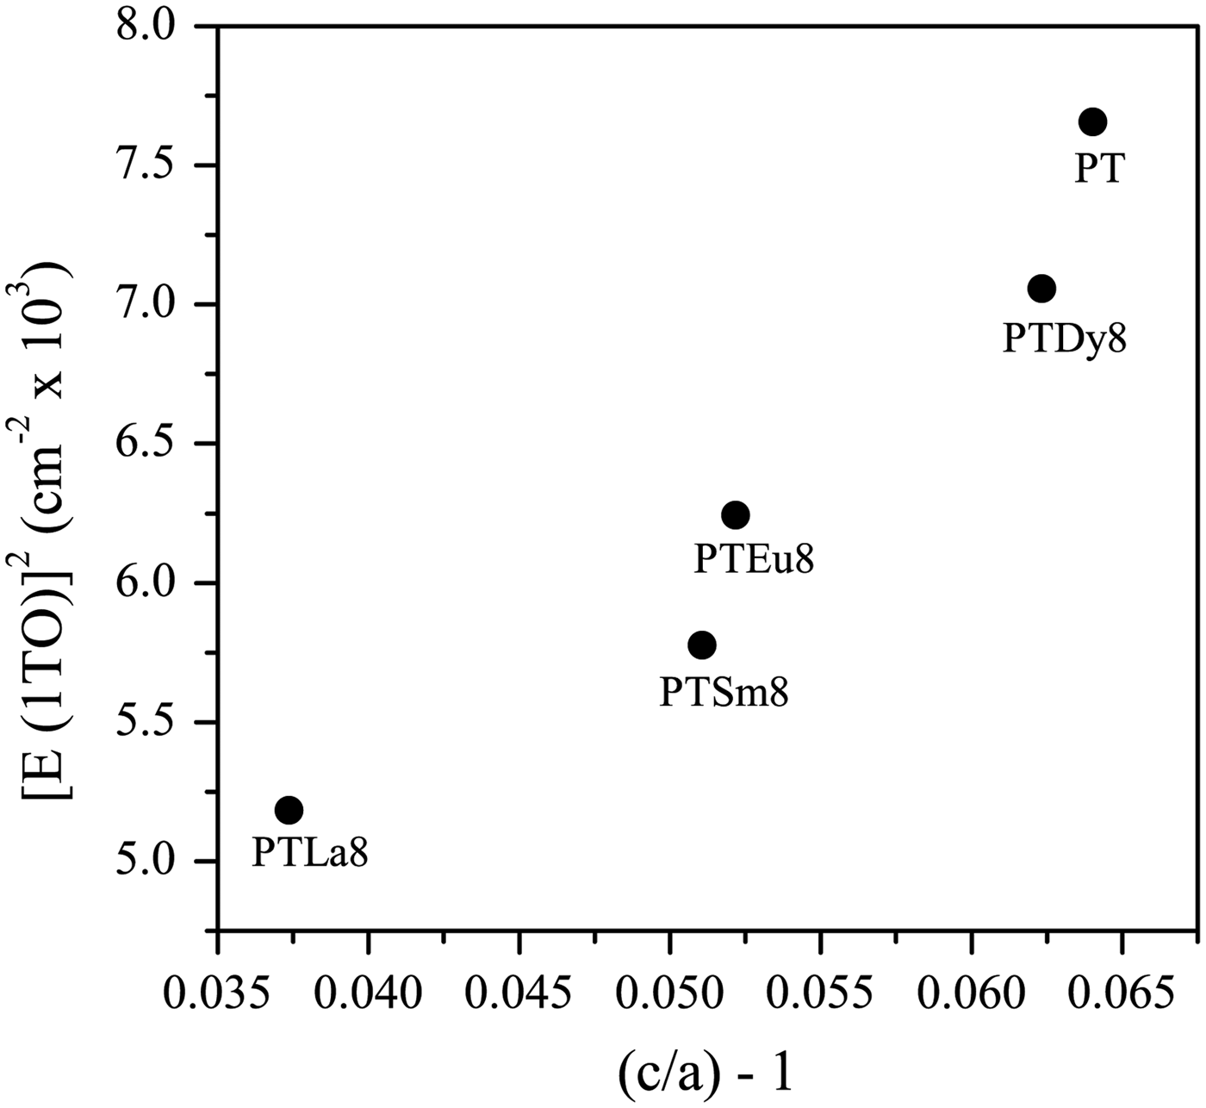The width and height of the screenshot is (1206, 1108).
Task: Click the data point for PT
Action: (1091, 122)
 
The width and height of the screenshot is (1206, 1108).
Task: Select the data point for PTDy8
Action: (1041, 289)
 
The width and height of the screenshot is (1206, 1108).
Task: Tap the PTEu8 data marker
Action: (735, 515)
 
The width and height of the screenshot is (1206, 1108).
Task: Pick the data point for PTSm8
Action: (702, 644)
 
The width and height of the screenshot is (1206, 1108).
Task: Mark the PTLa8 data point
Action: (289, 810)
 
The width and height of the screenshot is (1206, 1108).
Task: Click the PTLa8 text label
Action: (310, 854)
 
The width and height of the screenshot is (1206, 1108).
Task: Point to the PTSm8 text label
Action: (724, 692)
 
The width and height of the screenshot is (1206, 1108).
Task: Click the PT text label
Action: (1100, 169)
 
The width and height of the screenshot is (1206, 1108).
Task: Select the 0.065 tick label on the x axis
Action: (1122, 994)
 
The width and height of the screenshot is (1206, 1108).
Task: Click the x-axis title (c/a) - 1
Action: (705, 1074)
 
